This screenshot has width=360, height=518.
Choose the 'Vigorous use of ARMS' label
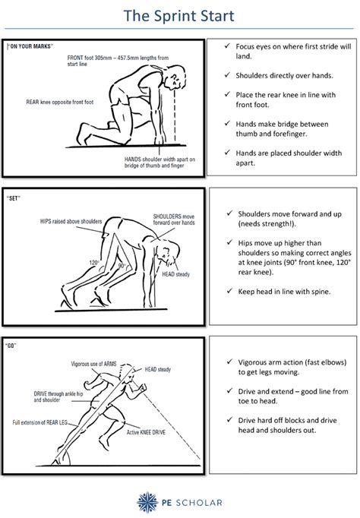[93, 365]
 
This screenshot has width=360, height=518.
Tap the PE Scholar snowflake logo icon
[146, 501]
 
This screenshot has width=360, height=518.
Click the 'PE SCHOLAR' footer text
[186, 502]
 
